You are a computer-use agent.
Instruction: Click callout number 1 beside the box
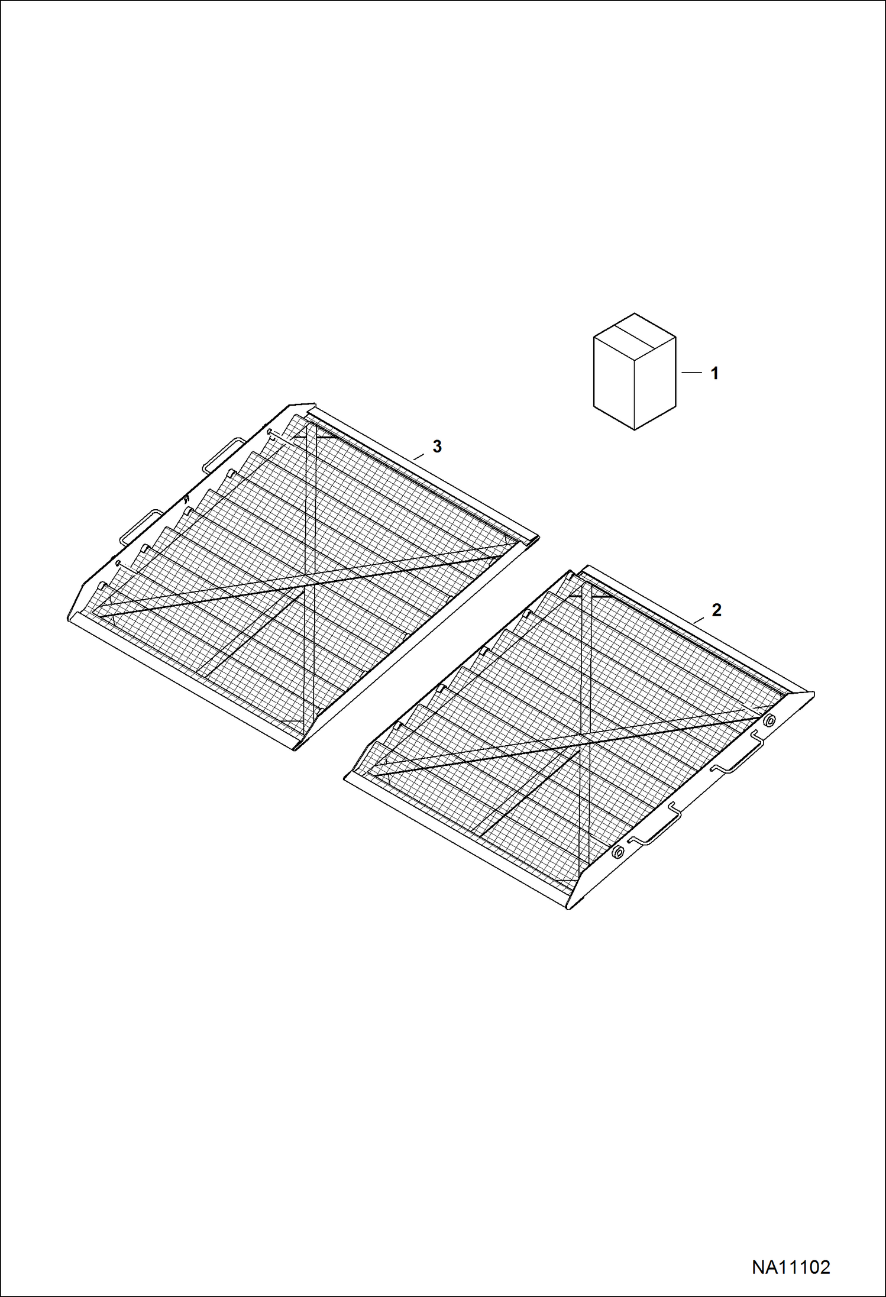714,373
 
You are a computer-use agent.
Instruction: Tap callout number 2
717,610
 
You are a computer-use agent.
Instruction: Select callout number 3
437,447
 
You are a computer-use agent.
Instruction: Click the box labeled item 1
635,371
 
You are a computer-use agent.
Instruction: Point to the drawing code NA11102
791,1267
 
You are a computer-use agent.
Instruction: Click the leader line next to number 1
691,373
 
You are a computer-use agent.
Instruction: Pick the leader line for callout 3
419,456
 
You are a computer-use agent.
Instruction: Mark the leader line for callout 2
699,620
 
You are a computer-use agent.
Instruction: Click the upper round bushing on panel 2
769,720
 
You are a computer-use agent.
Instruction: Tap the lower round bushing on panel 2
617,852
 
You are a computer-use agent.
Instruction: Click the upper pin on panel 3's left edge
270,432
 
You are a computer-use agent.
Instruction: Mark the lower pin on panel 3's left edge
119,562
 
